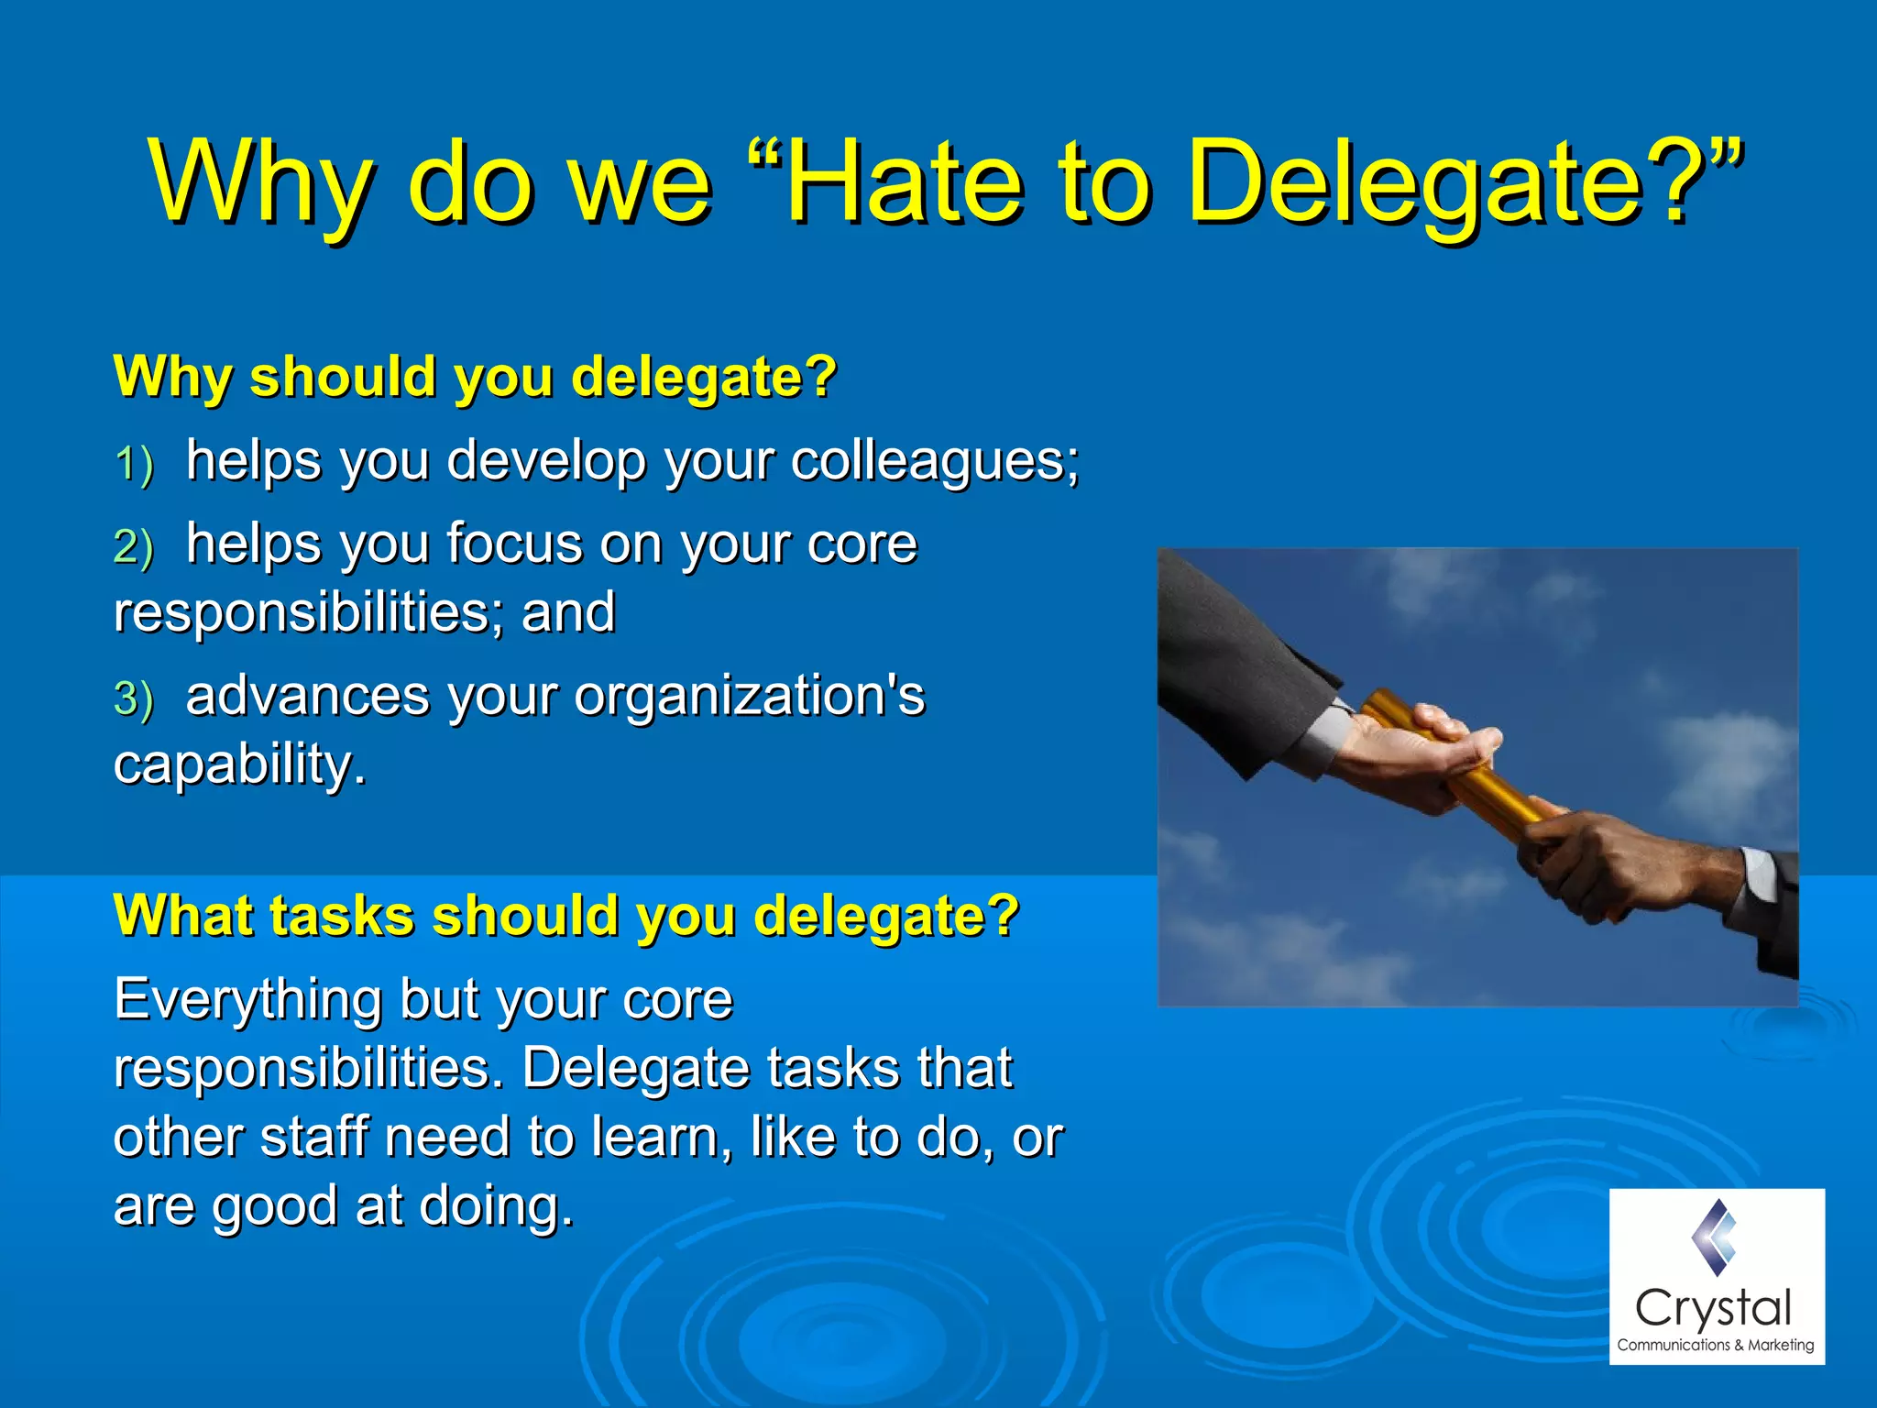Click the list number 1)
click(134, 463)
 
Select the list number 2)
click(134, 547)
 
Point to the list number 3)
click(134, 698)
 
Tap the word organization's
click(750, 696)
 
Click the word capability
click(238, 764)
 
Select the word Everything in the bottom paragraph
click(247, 1000)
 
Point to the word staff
click(314, 1137)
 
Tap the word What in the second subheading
click(179, 915)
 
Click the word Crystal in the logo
click(1713, 1308)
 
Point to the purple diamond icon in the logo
click(1715, 1237)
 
